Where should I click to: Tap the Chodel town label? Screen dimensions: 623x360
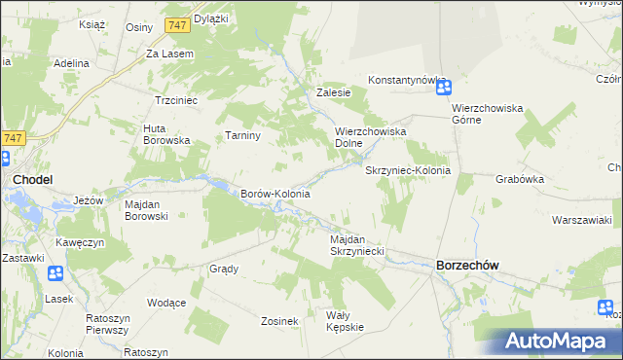(32, 180)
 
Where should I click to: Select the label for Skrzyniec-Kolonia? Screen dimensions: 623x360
(408, 170)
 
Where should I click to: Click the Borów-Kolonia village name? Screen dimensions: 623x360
(275, 194)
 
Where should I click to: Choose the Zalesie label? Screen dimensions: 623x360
(333, 93)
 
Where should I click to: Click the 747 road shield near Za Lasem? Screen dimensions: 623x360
(177, 24)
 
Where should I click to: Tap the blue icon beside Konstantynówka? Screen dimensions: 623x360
(443, 88)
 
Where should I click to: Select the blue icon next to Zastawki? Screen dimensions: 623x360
(55, 273)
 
